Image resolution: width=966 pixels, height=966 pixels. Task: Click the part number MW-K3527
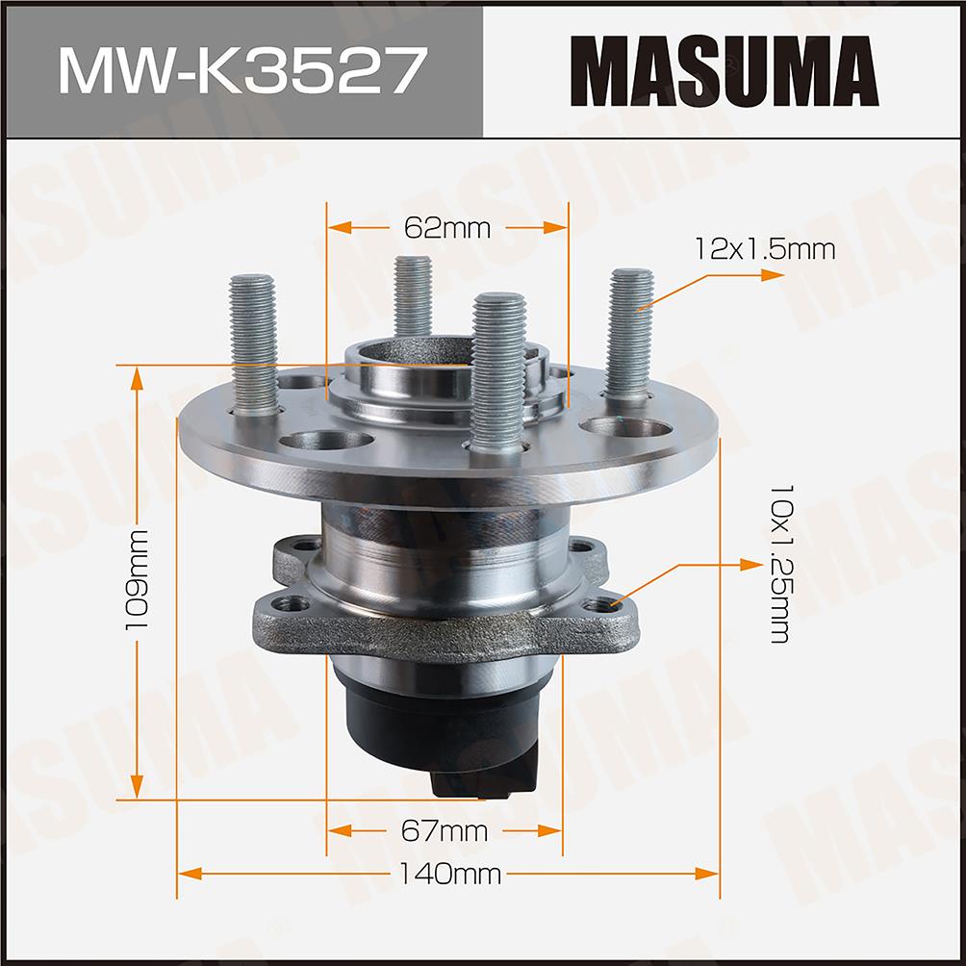tap(242, 71)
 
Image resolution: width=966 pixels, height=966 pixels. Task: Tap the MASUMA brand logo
tap(724, 71)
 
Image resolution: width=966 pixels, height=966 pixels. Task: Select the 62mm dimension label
tap(447, 229)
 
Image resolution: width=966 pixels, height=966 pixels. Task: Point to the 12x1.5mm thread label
tap(765, 249)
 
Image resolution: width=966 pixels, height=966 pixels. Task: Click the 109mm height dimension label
tap(137, 580)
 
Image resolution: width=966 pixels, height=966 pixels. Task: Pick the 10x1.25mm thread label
tap(782, 564)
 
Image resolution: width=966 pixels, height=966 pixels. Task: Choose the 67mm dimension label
tap(445, 831)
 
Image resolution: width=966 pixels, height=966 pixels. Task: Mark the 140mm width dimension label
tap(449, 874)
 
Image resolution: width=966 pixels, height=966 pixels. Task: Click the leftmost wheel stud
tap(253, 344)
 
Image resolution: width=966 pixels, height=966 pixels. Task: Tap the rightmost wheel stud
tap(629, 336)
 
